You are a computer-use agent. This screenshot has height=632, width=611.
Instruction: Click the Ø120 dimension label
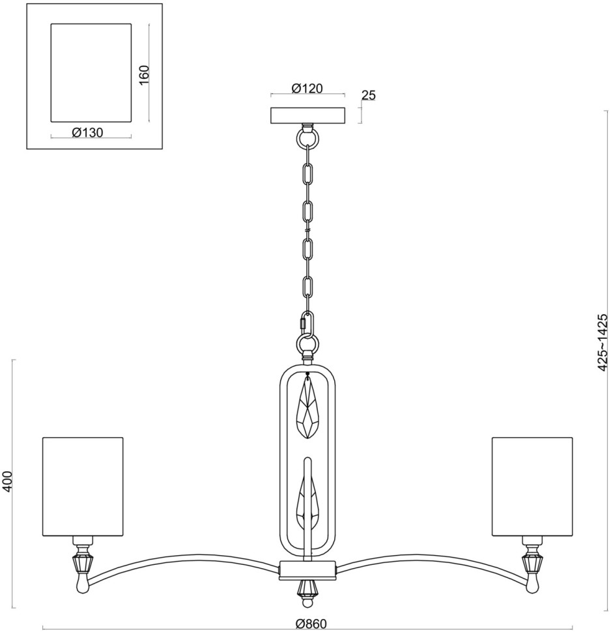coord(307,89)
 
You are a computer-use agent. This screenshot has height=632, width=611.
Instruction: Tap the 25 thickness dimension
coord(368,95)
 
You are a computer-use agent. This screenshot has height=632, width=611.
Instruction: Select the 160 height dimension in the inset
coord(145,73)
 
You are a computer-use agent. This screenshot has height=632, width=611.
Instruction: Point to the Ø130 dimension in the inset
coord(88,132)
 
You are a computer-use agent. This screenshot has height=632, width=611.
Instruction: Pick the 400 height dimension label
coord(8,482)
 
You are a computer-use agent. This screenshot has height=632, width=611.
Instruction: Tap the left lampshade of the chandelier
coord(83,487)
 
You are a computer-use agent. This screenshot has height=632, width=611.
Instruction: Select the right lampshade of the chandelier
coord(532,487)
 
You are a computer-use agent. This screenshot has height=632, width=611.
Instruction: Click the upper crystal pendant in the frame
coord(307,409)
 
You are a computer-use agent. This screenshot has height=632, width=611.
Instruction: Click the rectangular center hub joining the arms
coord(307,569)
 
